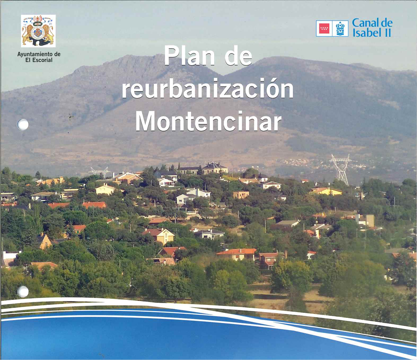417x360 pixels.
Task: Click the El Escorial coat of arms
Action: pos(38,31)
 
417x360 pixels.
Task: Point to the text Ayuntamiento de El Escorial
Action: pos(39,57)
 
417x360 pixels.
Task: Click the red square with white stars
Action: pos(324,29)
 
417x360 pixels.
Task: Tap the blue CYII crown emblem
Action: pos(340,29)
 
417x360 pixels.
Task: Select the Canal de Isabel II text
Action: pos(372,28)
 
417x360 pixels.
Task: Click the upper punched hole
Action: pos(23,124)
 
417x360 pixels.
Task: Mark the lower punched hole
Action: pos(23,292)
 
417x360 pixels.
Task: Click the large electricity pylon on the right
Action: pos(341,169)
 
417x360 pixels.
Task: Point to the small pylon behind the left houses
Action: pos(99,172)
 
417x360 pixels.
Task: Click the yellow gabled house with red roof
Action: pos(159,236)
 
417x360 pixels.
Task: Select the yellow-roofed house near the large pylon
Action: pos(327,191)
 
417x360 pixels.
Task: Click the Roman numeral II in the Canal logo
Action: pos(388,32)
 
